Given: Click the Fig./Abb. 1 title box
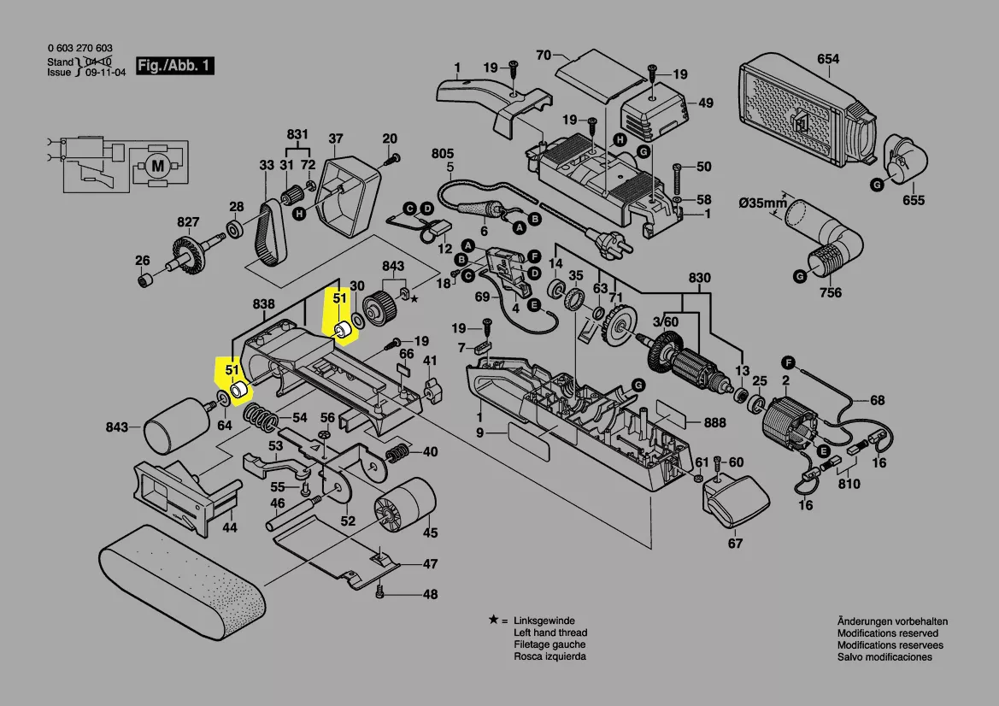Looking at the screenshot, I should tap(176, 66).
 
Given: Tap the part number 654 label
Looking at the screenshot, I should tap(828, 59).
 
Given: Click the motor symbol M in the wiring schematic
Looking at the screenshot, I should tap(156, 166).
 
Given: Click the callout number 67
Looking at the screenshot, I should tap(735, 543).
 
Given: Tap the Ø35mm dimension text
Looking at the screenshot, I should tap(763, 203).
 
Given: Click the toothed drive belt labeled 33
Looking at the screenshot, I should tap(272, 231).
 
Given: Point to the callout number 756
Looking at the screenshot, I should tap(830, 292).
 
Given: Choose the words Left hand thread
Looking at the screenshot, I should tap(549, 632).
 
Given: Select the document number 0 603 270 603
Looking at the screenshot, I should tap(80, 49).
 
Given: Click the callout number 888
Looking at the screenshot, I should tap(715, 422).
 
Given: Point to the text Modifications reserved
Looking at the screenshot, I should tap(887, 633).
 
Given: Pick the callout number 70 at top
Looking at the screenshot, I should tap(543, 56).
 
